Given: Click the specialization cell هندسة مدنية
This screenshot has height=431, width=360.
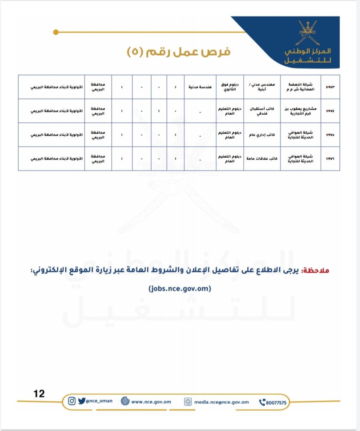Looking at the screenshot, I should coord(200,87).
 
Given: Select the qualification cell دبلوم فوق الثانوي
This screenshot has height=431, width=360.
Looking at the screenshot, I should coord(230,87).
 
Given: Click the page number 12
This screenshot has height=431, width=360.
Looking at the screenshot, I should coord(39,393).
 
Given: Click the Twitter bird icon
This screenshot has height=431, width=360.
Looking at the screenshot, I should coord(82,401).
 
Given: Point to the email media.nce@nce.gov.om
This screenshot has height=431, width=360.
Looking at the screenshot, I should coord(221,402).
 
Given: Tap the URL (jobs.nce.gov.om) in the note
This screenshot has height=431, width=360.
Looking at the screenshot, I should coord(179,289).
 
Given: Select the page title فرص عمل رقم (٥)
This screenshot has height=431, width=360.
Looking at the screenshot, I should coord(179,52).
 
